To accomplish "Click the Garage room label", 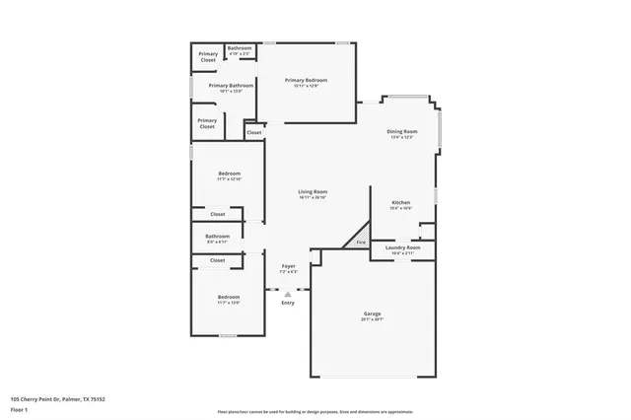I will click(372, 314).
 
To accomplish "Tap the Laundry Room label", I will click(405, 247).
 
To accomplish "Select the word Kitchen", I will click(401, 202).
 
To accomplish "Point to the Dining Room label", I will click(401, 131).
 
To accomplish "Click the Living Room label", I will click(313, 191).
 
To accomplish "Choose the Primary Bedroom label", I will click(306, 80).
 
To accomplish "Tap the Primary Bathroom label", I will click(231, 86).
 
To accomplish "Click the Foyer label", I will click(288, 266).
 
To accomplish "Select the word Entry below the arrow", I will click(288, 303).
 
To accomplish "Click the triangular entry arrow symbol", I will click(288, 293).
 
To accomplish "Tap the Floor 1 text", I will click(21, 409).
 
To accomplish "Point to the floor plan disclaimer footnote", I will click(315, 411).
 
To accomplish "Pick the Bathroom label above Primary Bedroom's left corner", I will click(240, 48).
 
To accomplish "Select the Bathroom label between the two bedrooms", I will click(217, 236).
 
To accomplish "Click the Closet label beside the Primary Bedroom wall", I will click(254, 132).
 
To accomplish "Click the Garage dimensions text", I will click(372, 319).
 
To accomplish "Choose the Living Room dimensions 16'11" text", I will click(313, 197).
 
